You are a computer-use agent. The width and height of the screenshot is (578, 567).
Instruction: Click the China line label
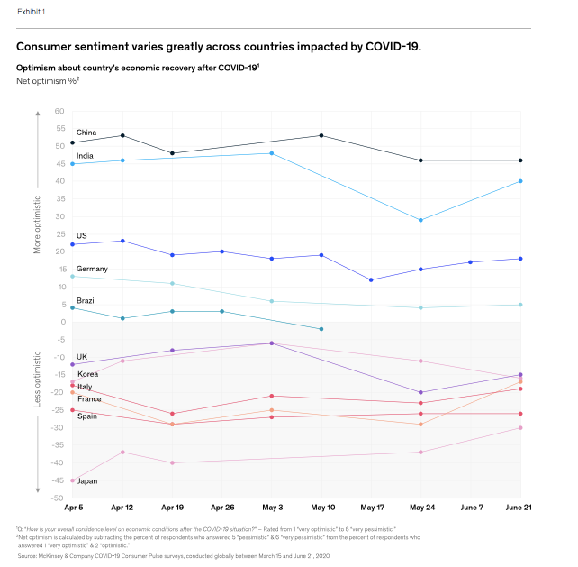(x=86, y=133)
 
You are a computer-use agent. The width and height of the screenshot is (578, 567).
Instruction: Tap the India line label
(x=85, y=155)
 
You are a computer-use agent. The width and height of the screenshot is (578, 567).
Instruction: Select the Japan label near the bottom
(x=87, y=481)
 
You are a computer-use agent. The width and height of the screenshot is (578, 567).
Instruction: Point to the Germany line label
(x=92, y=269)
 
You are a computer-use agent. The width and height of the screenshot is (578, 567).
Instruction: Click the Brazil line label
(x=86, y=300)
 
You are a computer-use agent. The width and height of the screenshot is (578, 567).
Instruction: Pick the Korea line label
(x=87, y=373)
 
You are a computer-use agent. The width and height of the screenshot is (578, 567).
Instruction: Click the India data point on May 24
(x=420, y=220)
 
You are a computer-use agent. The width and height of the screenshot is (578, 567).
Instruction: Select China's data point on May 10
(x=321, y=135)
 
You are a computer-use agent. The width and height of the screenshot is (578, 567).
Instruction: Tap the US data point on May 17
(x=371, y=279)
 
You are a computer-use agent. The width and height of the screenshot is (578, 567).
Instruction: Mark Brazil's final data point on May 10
(x=321, y=329)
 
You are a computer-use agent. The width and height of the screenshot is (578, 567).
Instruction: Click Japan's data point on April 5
(x=72, y=480)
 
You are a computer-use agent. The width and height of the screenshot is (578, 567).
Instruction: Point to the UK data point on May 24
(x=420, y=392)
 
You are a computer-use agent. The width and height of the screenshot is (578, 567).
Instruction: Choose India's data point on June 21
(x=520, y=181)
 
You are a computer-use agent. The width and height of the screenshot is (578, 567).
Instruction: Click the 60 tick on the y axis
(x=60, y=111)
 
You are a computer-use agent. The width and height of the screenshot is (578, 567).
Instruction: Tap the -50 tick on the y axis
(x=59, y=498)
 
